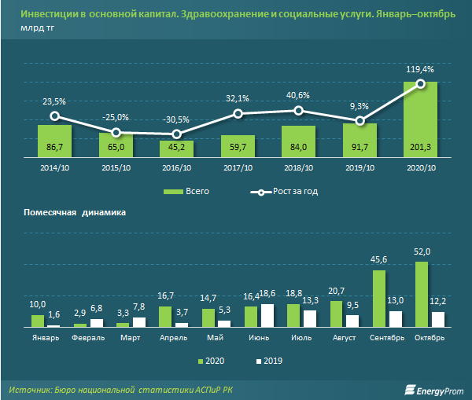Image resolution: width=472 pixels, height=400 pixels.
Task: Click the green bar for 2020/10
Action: click(420, 119)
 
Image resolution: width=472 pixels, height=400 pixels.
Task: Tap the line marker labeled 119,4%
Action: click(421, 83)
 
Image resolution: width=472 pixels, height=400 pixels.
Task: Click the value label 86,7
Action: click(55, 147)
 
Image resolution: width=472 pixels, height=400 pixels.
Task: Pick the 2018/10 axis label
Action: click(298, 168)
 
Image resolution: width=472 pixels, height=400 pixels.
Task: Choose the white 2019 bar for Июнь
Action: click(267, 315)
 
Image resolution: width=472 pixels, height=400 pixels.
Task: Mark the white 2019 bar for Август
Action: click(352, 321)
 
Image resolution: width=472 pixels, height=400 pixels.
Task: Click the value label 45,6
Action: click(378, 261)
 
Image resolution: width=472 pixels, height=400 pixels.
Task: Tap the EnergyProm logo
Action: click(432, 388)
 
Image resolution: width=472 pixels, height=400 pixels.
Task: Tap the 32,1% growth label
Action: click(237, 98)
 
